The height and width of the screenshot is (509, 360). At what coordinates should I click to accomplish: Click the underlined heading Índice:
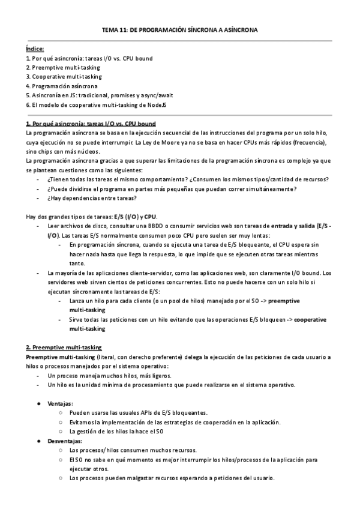35,49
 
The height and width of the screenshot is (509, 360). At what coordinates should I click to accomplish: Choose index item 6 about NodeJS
100,104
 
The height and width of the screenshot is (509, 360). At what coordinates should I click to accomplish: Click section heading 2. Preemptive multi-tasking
64,348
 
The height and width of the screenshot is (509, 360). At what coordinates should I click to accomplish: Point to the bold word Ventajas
59,403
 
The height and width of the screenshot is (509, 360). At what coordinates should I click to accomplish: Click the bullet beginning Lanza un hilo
185,300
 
